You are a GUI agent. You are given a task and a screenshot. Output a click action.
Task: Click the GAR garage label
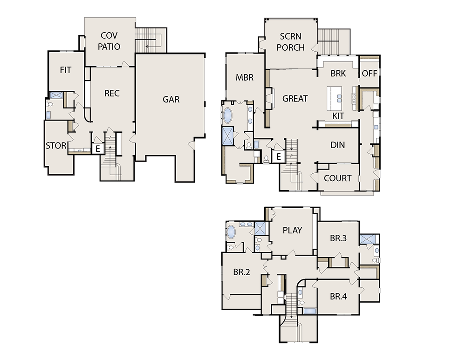[171, 99]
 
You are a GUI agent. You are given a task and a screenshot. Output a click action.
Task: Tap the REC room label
[112, 93]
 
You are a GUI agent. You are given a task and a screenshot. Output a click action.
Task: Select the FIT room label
[66, 70]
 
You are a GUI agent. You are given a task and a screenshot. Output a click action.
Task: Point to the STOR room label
[56, 146]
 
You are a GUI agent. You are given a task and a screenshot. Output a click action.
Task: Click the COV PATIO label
[109, 41]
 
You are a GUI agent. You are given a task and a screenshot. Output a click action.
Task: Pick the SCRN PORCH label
[291, 42]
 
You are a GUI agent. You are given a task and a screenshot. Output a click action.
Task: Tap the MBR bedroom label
[245, 77]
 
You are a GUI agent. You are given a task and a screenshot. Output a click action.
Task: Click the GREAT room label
[295, 99]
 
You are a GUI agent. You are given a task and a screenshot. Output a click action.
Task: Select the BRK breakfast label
[338, 74]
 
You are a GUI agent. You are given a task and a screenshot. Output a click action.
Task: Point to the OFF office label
[370, 74]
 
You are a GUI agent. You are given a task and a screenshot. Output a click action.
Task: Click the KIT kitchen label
[338, 116]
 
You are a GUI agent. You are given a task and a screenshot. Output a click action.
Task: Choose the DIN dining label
[337, 145]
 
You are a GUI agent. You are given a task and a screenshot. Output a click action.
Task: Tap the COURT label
[337, 178]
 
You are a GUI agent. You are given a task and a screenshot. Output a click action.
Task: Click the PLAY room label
[293, 230]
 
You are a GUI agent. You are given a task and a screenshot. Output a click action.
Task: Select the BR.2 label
[241, 272]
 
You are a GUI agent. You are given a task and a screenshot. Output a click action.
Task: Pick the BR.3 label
[338, 238]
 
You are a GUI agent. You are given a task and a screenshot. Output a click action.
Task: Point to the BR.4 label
[338, 297]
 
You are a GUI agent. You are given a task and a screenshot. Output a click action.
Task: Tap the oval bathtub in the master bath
[228, 115]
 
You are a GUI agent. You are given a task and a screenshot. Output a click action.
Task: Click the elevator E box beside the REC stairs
[98, 149]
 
